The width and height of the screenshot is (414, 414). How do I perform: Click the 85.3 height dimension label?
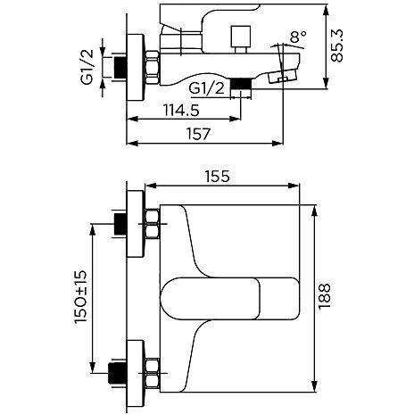[x=336, y=46]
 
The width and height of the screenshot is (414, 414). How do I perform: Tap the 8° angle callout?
[x=298, y=37]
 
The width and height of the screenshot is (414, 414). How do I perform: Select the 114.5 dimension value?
[x=181, y=111]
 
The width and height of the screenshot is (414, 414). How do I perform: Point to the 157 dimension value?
[x=198, y=134]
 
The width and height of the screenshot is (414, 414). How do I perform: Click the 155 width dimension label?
[x=218, y=177]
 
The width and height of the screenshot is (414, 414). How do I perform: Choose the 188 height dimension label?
[x=324, y=296]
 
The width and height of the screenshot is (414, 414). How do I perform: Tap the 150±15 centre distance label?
[x=80, y=296]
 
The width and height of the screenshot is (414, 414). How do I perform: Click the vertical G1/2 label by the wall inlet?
[x=87, y=67]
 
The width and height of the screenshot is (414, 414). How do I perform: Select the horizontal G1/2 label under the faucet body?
[x=207, y=88]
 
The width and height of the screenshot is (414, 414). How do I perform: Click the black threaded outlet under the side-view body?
[x=241, y=84]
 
